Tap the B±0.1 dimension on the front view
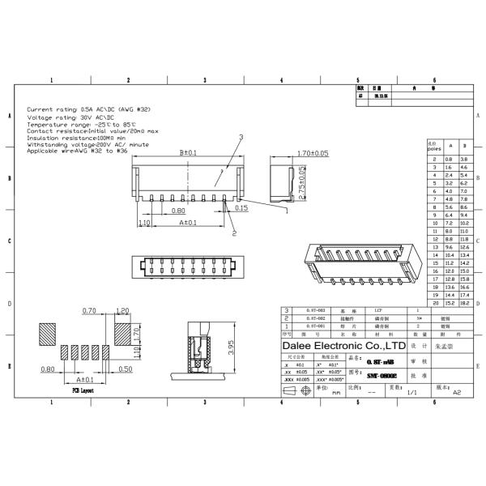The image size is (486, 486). point(189,152)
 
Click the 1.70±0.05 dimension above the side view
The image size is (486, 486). point(290,152)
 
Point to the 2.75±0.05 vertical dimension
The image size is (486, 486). point(302,182)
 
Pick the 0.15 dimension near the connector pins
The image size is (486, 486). point(241,208)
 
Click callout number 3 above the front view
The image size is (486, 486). point(241,139)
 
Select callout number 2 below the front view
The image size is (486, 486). point(234,233)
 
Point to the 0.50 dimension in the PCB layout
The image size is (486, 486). point(125,369)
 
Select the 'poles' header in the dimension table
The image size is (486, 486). point(434,147)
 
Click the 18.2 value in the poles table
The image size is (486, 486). point(464,302)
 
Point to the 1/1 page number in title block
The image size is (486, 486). point(411,392)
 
